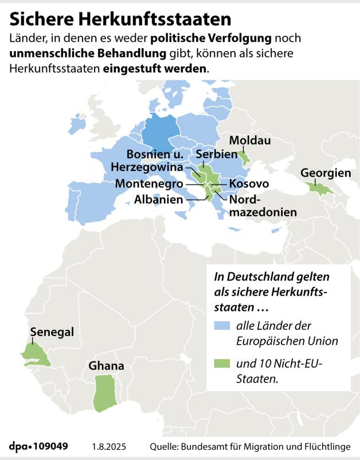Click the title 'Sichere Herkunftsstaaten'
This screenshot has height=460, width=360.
click(x=120, y=19)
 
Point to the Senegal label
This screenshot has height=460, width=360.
click(x=52, y=332)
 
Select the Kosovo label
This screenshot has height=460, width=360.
click(x=249, y=184)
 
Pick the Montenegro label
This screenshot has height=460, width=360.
click(x=149, y=184)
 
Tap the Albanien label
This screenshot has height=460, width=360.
click(x=159, y=200)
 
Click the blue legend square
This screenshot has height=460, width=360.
click(x=220, y=326)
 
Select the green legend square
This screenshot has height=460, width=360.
click(x=220, y=363)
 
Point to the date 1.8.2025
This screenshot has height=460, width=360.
click(x=109, y=446)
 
